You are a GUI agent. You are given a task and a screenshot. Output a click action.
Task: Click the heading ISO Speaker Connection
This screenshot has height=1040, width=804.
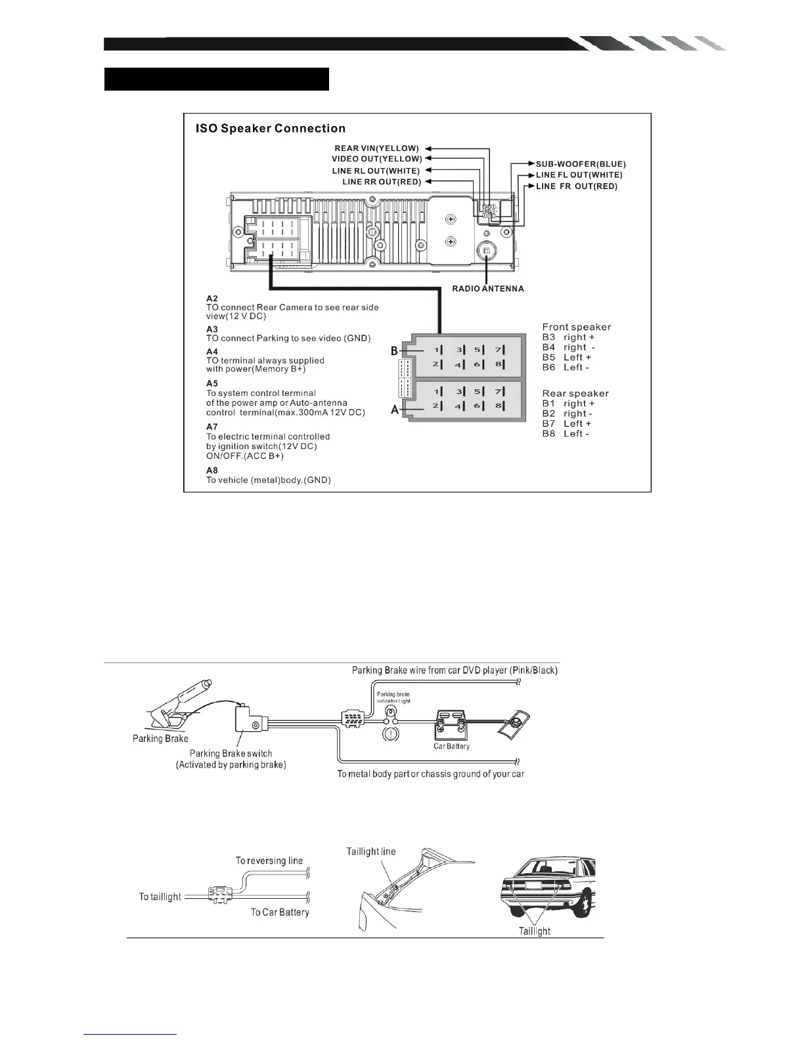tap(271, 129)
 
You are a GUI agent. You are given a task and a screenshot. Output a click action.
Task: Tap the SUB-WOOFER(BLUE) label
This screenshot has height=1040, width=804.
tap(581, 164)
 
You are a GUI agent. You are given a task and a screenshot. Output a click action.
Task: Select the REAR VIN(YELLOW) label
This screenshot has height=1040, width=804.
tap(377, 148)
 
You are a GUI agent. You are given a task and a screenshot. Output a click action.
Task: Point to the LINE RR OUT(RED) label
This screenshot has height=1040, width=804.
tap(382, 182)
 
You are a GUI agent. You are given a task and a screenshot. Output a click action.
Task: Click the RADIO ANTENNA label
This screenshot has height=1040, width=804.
tap(488, 289)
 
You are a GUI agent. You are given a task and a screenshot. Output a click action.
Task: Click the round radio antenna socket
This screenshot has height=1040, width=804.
tap(487, 251)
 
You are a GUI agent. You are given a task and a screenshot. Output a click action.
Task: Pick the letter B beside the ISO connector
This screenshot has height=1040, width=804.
tap(395, 351)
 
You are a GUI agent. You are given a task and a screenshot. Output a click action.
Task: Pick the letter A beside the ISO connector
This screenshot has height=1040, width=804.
tap(395, 410)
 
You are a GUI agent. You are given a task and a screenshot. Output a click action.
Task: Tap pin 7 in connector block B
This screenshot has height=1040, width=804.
tap(499, 350)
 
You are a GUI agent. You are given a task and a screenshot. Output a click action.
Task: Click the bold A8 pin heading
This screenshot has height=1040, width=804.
tap(212, 470)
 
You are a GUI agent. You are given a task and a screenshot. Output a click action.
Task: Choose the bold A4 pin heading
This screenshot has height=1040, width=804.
tap(212, 352)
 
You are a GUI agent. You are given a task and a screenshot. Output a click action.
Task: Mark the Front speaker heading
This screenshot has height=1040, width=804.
tap(576, 327)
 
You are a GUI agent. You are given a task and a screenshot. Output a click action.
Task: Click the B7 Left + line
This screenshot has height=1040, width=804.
tap(566, 423)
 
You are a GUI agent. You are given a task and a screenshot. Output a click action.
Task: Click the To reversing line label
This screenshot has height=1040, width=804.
tap(269, 861)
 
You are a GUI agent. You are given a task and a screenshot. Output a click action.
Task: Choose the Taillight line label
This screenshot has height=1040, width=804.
tap(371, 852)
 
